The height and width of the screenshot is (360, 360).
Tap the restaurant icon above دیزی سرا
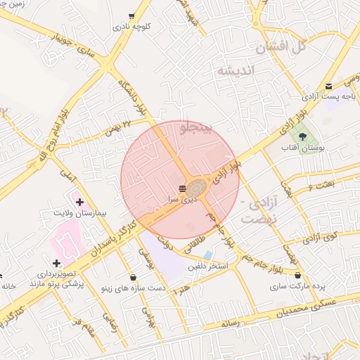183,188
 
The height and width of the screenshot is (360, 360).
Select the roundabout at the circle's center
197,186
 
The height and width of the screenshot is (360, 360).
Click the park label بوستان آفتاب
301,148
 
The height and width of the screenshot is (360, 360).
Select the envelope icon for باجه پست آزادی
328,86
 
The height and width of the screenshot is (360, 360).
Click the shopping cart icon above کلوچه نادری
131,16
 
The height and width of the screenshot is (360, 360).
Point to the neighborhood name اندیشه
238,70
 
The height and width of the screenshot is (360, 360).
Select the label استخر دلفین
207,267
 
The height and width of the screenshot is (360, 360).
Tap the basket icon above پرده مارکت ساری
299,276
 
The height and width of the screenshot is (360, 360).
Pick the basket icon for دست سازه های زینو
134,277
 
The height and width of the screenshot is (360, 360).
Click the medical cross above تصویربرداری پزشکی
57,263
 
